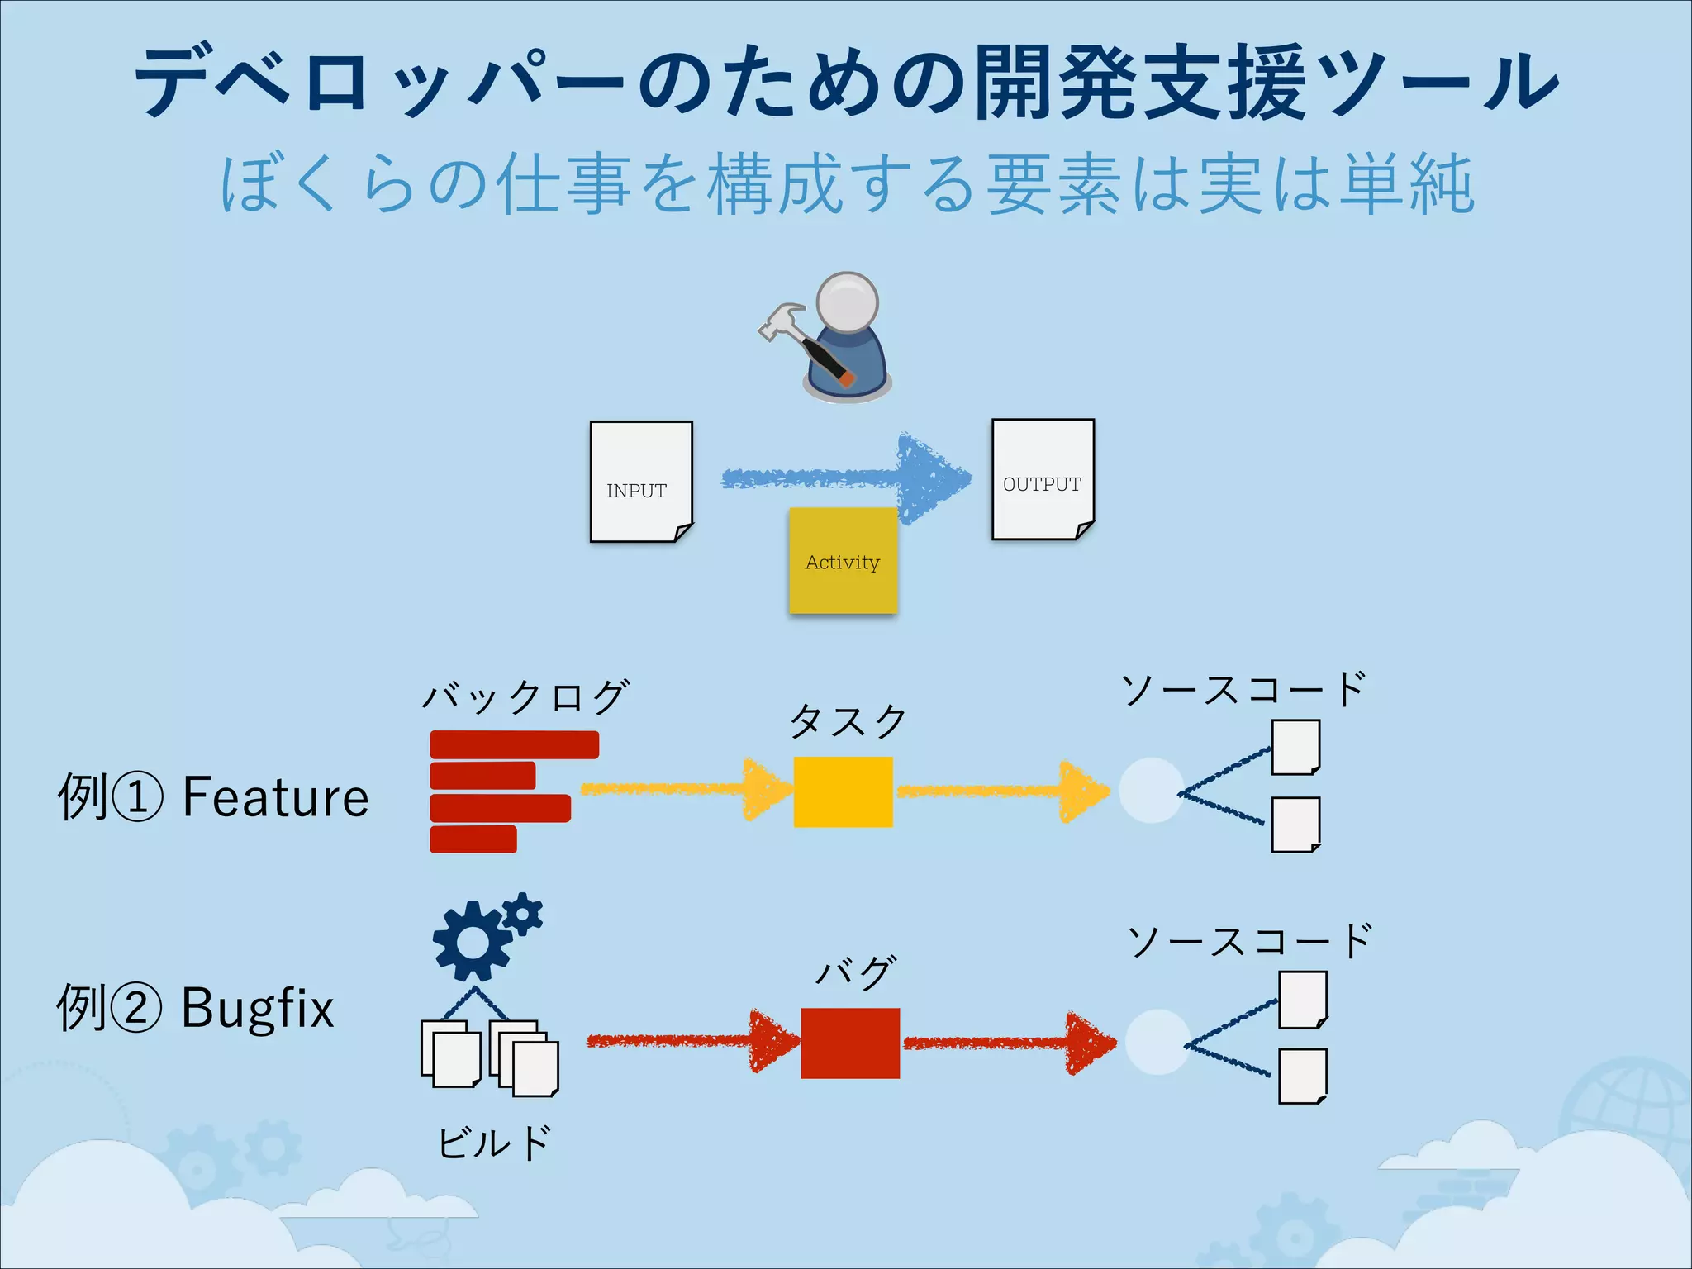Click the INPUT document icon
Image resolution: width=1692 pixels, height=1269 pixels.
641,482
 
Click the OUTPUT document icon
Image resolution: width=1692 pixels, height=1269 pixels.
1043,479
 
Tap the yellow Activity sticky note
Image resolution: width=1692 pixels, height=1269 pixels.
843,561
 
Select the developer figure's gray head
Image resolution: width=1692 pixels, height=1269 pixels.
847,302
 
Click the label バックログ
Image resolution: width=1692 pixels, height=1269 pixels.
525,696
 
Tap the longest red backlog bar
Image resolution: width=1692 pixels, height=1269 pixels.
514,744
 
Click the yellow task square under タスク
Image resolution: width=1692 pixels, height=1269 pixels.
843,791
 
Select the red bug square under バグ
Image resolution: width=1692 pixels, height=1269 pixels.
850,1043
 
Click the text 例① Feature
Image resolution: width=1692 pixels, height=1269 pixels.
213,797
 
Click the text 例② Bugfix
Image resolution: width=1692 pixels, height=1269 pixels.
195,1008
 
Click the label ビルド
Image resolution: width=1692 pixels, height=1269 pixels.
493,1143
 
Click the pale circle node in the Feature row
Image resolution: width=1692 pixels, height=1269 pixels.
1151,791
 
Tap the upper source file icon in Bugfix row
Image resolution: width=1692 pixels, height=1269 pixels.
1302,1000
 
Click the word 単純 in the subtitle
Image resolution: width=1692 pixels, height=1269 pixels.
1406,185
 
